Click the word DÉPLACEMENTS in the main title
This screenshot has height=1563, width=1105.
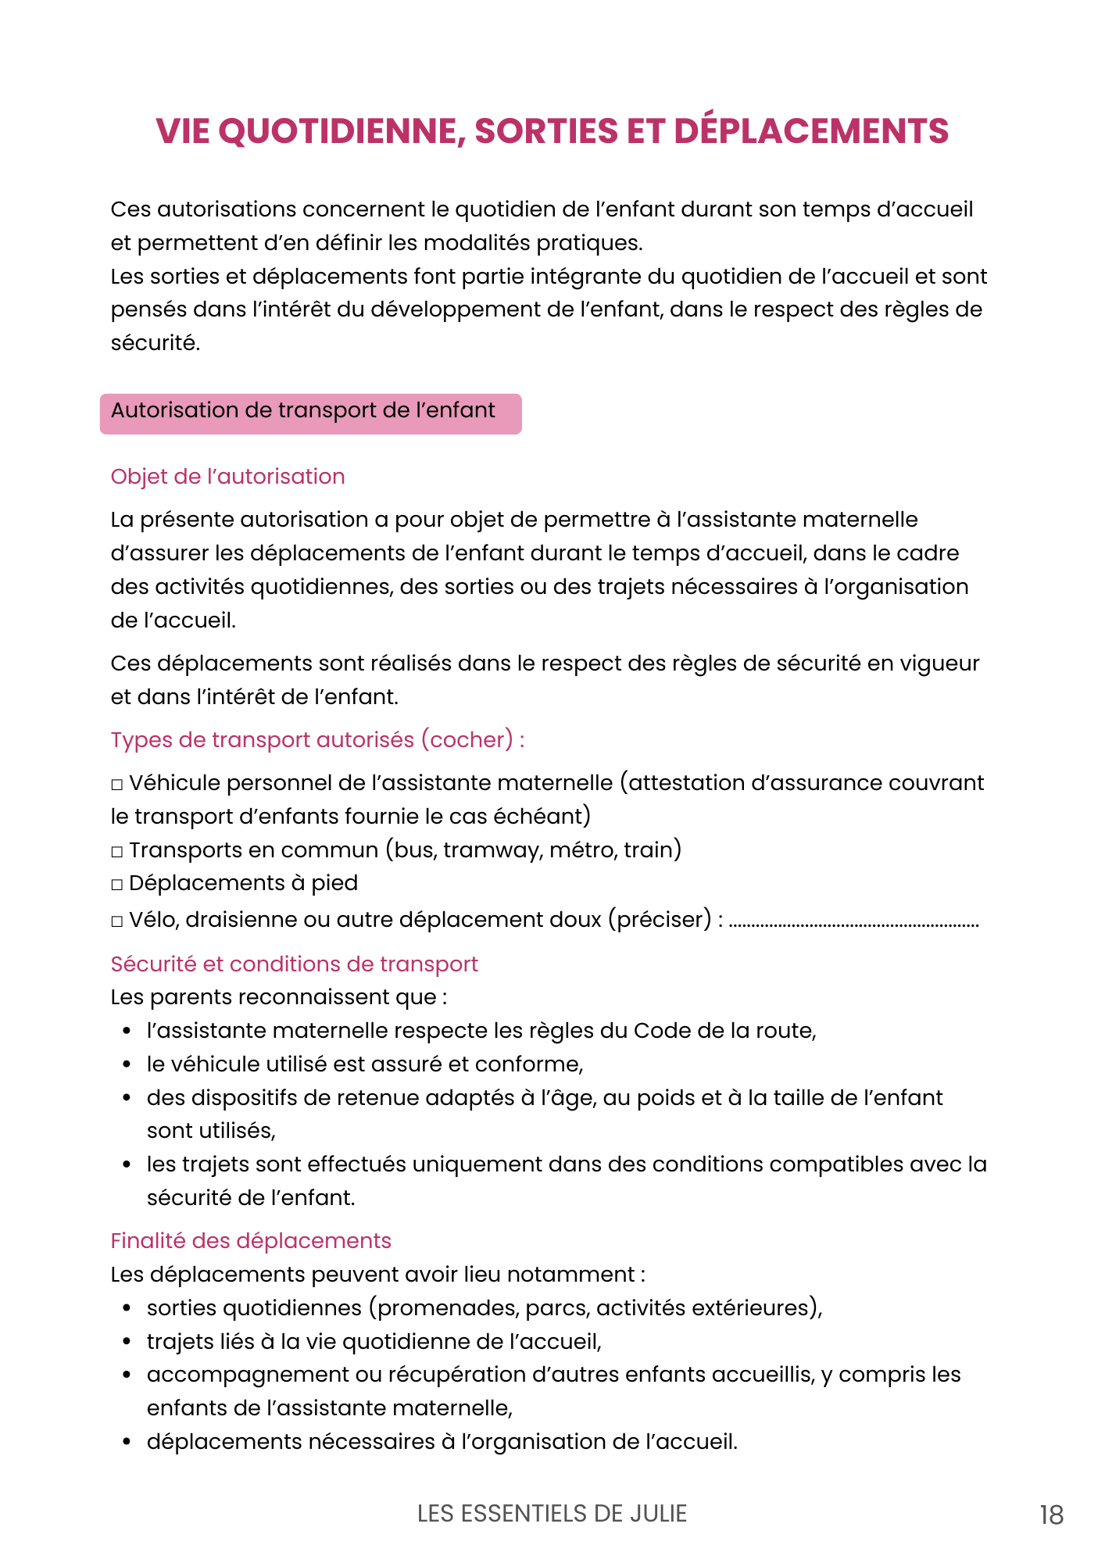click(811, 131)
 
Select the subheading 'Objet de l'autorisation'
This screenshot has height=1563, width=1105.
click(227, 477)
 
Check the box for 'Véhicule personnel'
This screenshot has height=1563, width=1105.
click(117, 785)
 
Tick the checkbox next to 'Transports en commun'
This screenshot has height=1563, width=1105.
click(117, 852)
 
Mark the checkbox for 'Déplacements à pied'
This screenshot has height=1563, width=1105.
click(117, 885)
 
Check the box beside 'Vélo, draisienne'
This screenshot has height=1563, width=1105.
click(117, 921)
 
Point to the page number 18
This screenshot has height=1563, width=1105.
click(1051, 1515)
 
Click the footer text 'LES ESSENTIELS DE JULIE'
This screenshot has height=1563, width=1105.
click(552, 1514)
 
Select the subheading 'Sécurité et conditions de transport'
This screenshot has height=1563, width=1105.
click(294, 964)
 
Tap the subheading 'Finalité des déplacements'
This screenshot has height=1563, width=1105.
click(250, 1241)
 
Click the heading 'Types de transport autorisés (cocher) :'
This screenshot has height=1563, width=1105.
click(317, 740)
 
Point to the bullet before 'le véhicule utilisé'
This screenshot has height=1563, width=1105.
click(127, 1065)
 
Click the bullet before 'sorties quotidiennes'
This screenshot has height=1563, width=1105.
click(127, 1309)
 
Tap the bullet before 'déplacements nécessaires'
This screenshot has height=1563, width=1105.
click(127, 1443)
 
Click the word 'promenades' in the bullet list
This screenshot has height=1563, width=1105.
click(449, 1308)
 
